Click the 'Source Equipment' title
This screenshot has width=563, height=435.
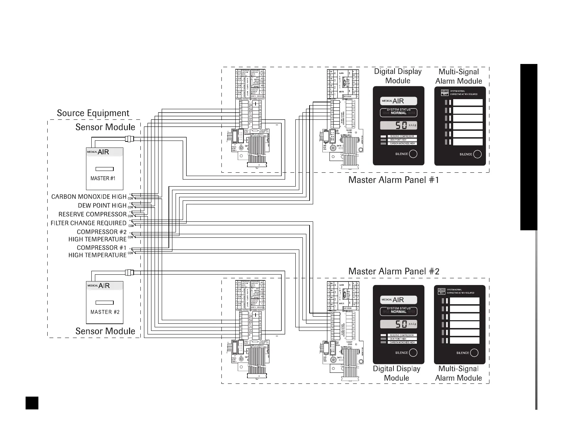[x=93, y=113]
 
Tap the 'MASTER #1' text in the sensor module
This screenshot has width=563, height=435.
[x=103, y=178]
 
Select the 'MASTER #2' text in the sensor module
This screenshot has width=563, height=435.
[x=105, y=312]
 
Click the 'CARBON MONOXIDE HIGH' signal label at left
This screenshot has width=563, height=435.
[x=89, y=197]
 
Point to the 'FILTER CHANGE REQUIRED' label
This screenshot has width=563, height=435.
[x=89, y=223]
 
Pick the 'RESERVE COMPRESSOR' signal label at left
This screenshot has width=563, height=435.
[x=92, y=214]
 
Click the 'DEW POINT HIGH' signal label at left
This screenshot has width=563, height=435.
[x=102, y=205]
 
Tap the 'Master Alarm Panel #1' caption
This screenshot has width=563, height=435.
[x=393, y=180]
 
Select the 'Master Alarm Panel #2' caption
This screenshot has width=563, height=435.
[x=394, y=272]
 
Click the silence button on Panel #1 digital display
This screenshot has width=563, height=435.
[x=413, y=154]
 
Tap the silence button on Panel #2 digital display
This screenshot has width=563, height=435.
[x=413, y=353]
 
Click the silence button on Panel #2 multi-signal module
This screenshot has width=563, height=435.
[x=474, y=353]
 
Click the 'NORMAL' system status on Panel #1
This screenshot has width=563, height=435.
[x=398, y=113]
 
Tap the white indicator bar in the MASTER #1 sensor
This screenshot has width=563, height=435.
[x=104, y=169]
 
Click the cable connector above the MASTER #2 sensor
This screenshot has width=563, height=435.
[x=129, y=273]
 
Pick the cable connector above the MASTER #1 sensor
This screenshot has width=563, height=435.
[x=129, y=139]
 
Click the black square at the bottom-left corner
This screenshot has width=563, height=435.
[x=32, y=403]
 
